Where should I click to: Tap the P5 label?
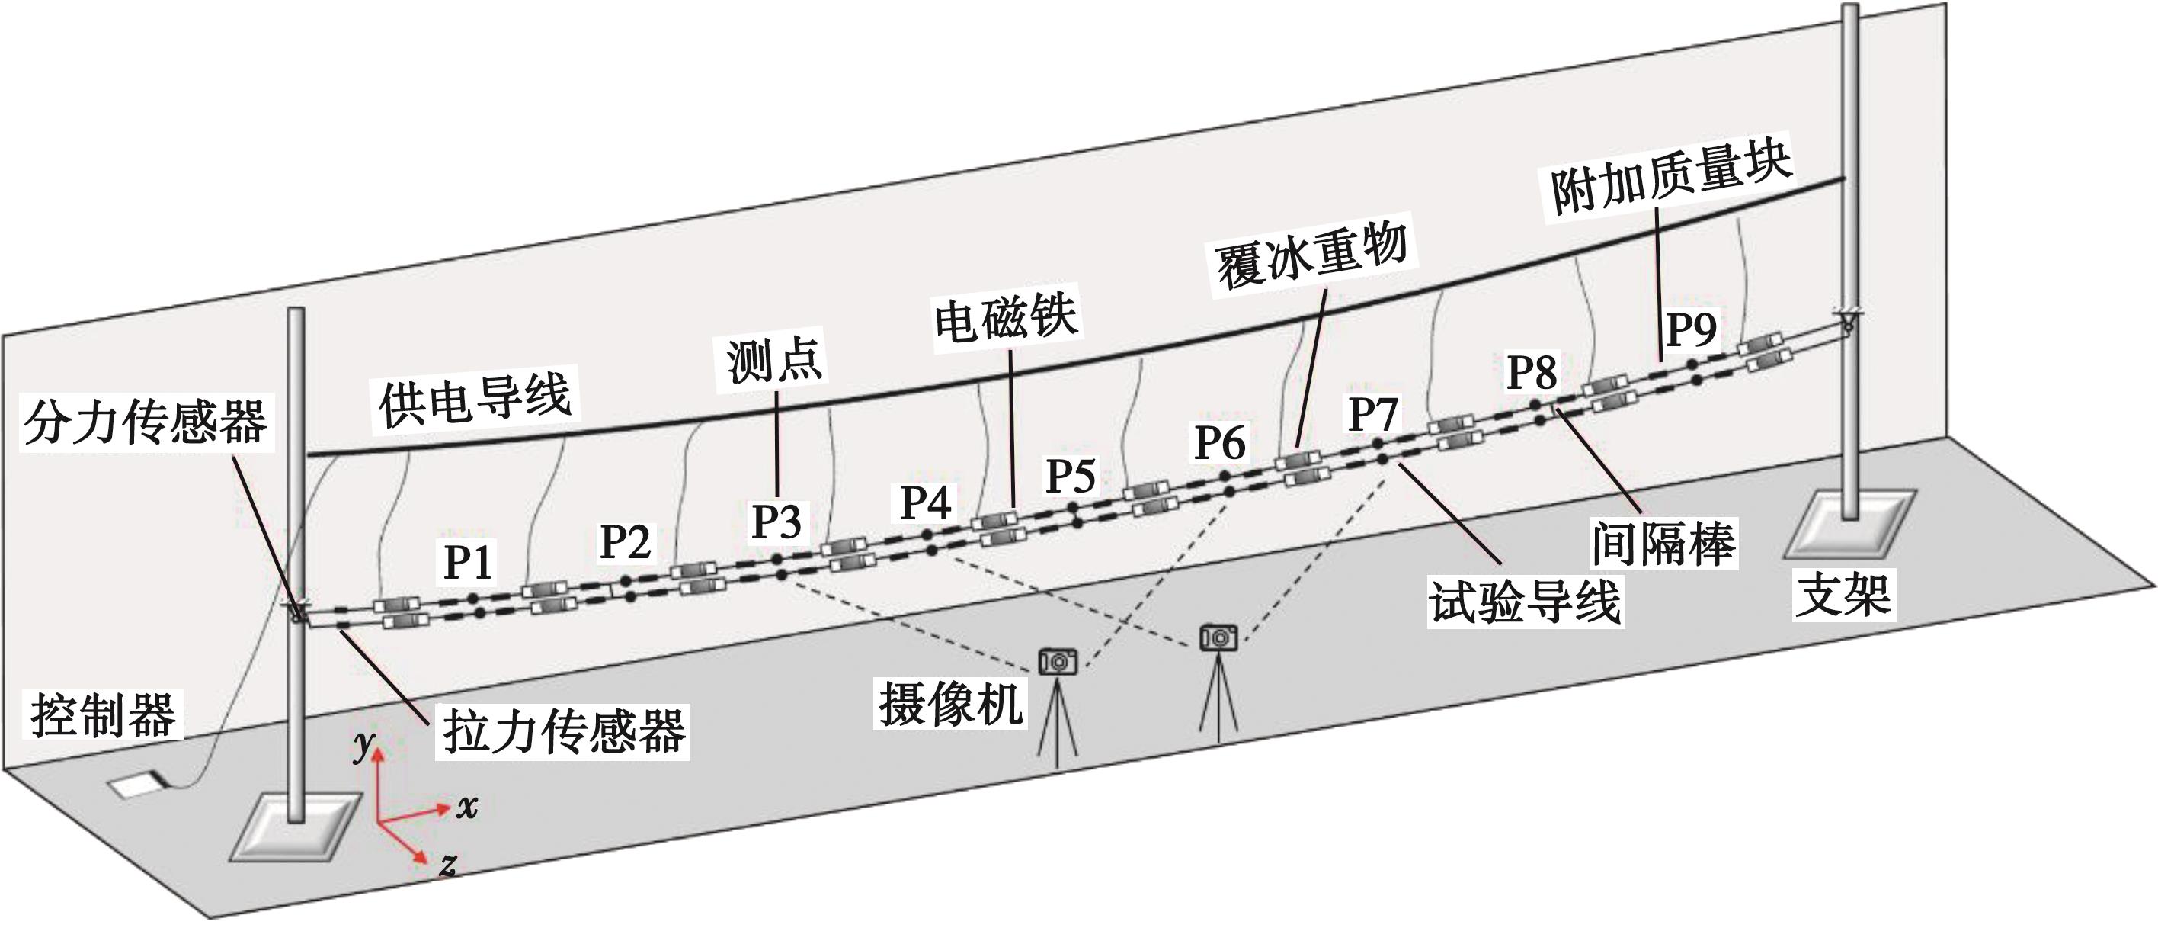(1071, 475)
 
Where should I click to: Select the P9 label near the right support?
(1691, 329)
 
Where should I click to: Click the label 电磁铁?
(1006, 319)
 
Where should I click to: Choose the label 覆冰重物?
(1311, 255)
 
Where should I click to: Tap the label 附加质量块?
(1670, 180)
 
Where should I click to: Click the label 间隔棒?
(1663, 543)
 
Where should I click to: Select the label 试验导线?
(1525, 602)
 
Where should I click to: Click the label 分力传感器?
(146, 422)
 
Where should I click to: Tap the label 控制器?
(104, 715)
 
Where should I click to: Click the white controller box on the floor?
(136, 785)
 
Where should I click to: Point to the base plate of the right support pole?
(1849, 525)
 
